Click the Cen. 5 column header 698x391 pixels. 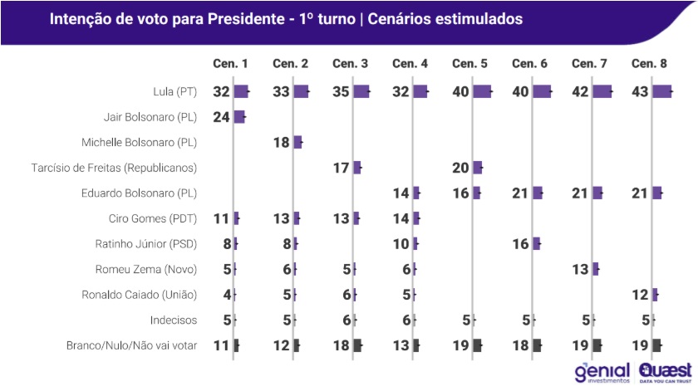[x=470, y=64]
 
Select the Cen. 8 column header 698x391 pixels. [x=650, y=64]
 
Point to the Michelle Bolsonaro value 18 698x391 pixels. [x=282, y=142]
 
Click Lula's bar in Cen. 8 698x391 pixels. [x=662, y=91]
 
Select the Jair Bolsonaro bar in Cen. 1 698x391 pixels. [x=239, y=117]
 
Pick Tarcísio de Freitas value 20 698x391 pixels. [x=461, y=168]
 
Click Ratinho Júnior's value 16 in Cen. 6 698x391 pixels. [x=521, y=243]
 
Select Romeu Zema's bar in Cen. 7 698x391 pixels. [x=595, y=269]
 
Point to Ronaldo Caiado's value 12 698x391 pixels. [x=641, y=295]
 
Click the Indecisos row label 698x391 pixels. [x=174, y=320]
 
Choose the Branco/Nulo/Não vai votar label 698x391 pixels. [x=131, y=346]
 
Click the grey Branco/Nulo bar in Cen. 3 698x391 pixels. [x=357, y=346]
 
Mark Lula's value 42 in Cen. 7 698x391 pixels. [x=581, y=91]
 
